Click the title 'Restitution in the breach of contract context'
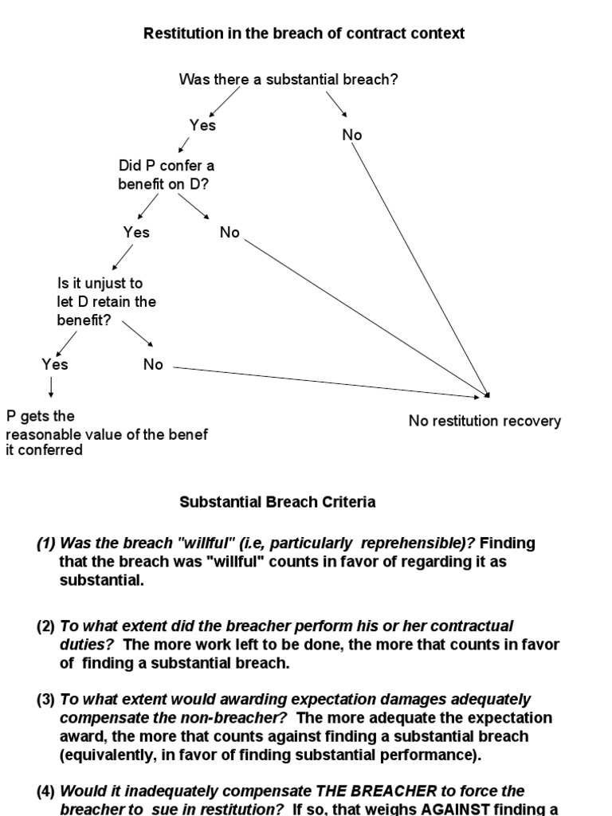click(304, 33)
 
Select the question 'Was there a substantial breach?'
click(288, 79)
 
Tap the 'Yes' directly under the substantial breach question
click(202, 125)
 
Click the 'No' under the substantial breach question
click(352, 135)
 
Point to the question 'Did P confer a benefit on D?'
click(167, 175)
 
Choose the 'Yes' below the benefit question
click(136, 233)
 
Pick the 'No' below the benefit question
click(229, 233)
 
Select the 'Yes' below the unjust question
click(55, 364)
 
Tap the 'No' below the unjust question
click(153, 364)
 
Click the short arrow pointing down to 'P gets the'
click(51, 388)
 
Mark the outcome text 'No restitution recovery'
click(484, 421)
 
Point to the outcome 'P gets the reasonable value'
click(107, 433)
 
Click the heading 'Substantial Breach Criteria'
click(277, 502)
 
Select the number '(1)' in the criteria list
click(45, 543)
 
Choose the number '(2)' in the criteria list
click(45, 626)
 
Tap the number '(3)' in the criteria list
click(45, 700)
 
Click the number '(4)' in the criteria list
click(45, 791)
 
